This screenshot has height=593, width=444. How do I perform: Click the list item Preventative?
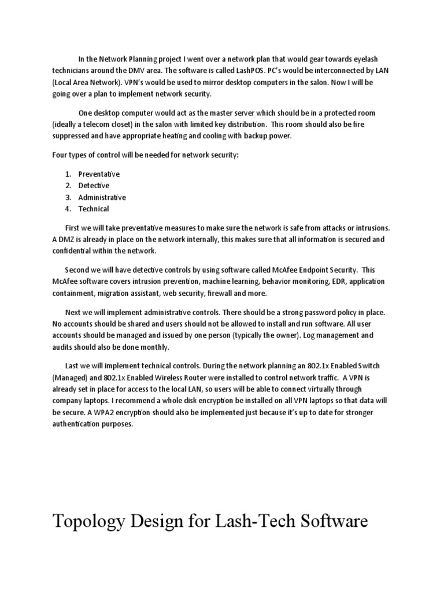[x=99, y=174]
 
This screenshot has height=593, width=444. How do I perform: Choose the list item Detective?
[x=94, y=186]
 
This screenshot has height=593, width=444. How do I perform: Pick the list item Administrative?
[x=102, y=197]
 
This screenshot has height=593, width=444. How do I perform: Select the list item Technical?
[x=94, y=209]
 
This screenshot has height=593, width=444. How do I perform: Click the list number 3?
[x=68, y=197]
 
